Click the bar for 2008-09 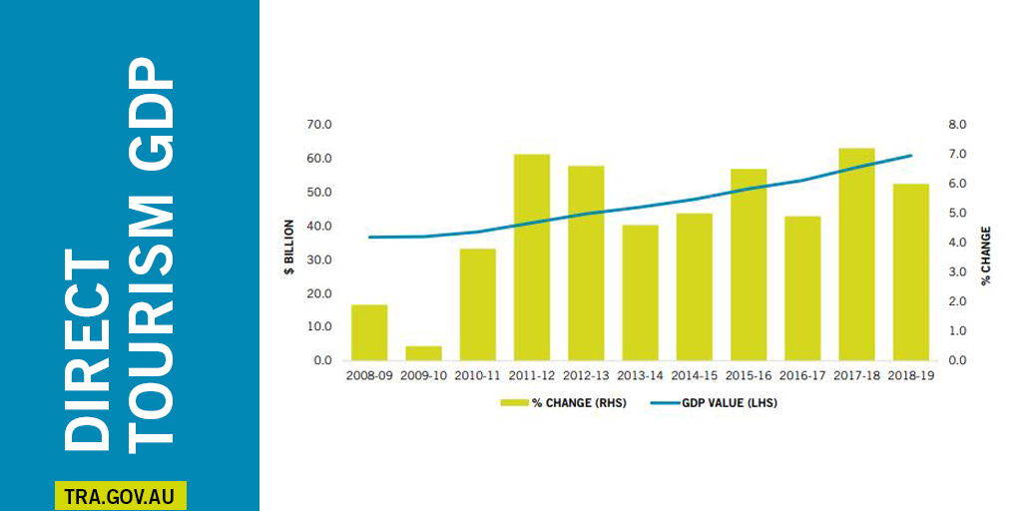(368, 332)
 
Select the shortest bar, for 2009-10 (423, 353)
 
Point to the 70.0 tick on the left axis (319, 125)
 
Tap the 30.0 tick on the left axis (319, 259)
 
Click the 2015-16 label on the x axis (749, 377)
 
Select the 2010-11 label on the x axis (478, 377)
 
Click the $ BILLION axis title (289, 246)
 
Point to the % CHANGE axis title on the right (985, 254)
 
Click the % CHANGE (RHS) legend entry (565, 403)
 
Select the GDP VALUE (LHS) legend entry (716, 403)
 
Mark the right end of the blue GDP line (911, 156)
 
